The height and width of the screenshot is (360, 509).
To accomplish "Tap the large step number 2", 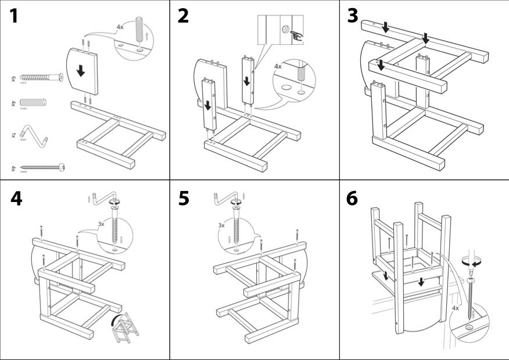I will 184,17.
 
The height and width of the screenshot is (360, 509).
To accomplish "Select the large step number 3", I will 353,17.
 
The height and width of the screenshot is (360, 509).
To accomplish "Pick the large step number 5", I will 184,199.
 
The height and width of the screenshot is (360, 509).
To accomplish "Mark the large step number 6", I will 353,199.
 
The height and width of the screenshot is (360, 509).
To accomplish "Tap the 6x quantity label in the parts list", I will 13,77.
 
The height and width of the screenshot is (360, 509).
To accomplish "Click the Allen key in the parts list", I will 38,132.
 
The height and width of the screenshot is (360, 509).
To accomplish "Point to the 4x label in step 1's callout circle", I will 120,27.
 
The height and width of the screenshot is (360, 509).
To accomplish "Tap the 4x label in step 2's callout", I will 278,67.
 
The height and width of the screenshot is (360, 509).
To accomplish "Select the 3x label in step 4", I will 101,224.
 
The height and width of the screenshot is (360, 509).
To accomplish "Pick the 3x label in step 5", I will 221,225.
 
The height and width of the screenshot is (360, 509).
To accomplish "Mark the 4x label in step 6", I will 456,308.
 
